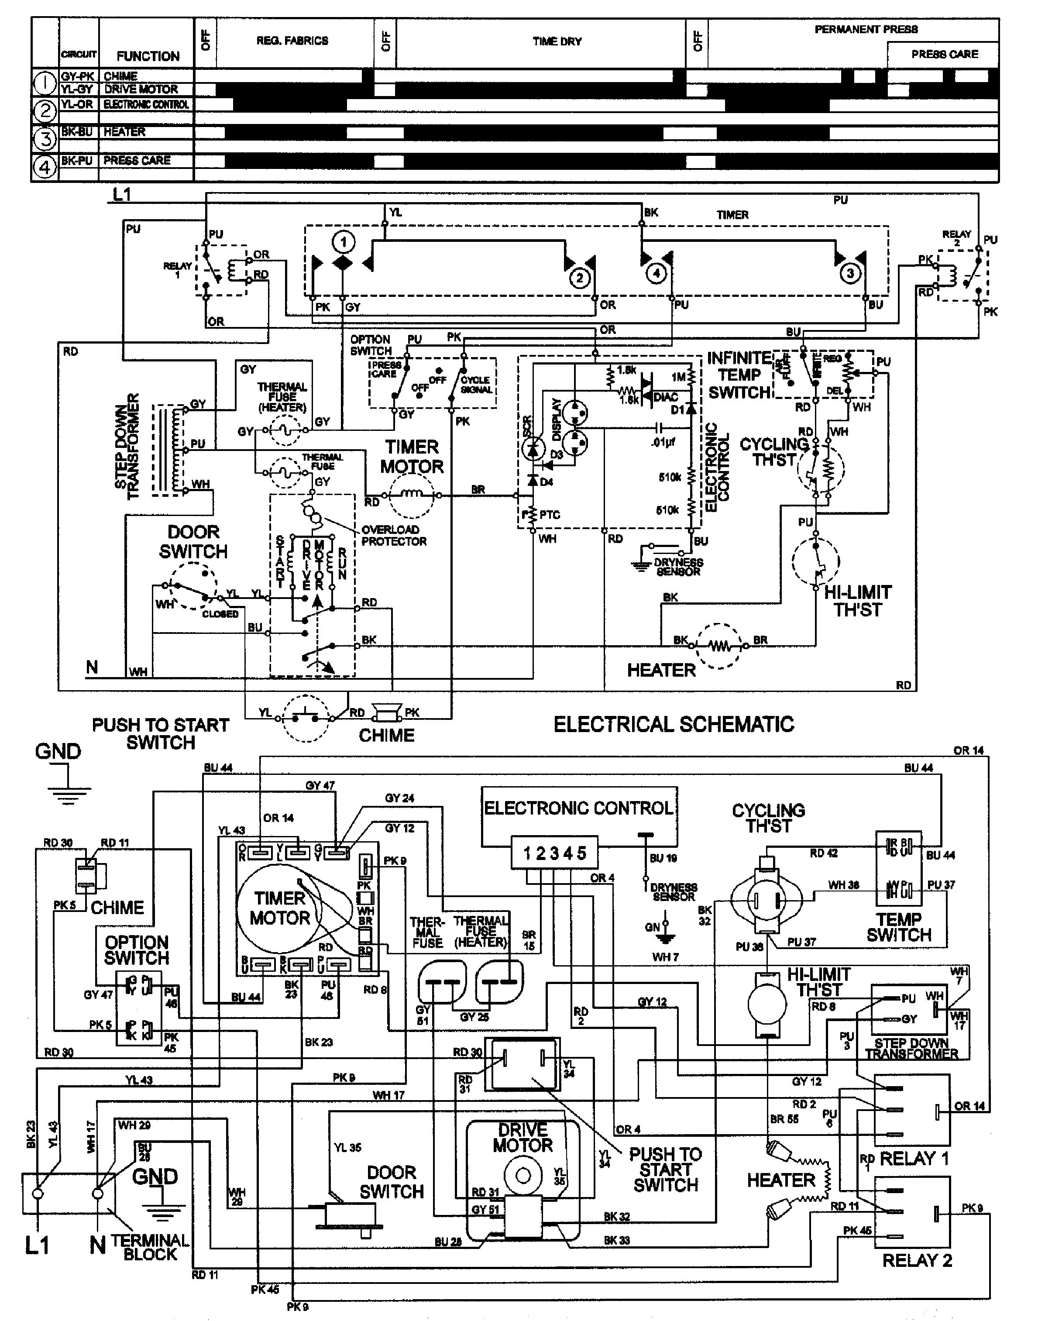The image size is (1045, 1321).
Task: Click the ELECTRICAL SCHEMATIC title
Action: [x=674, y=724]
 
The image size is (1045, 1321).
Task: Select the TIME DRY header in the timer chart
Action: [x=557, y=41]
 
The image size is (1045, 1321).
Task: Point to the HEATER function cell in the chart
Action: [x=124, y=131]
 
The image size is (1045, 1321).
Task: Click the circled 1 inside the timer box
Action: [x=343, y=242]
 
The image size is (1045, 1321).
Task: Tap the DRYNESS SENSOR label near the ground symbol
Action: [x=678, y=567]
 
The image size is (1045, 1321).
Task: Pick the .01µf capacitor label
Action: [x=663, y=442]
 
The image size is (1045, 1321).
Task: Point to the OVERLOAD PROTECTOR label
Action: [x=393, y=535]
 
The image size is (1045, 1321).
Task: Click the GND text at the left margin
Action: [x=58, y=751]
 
